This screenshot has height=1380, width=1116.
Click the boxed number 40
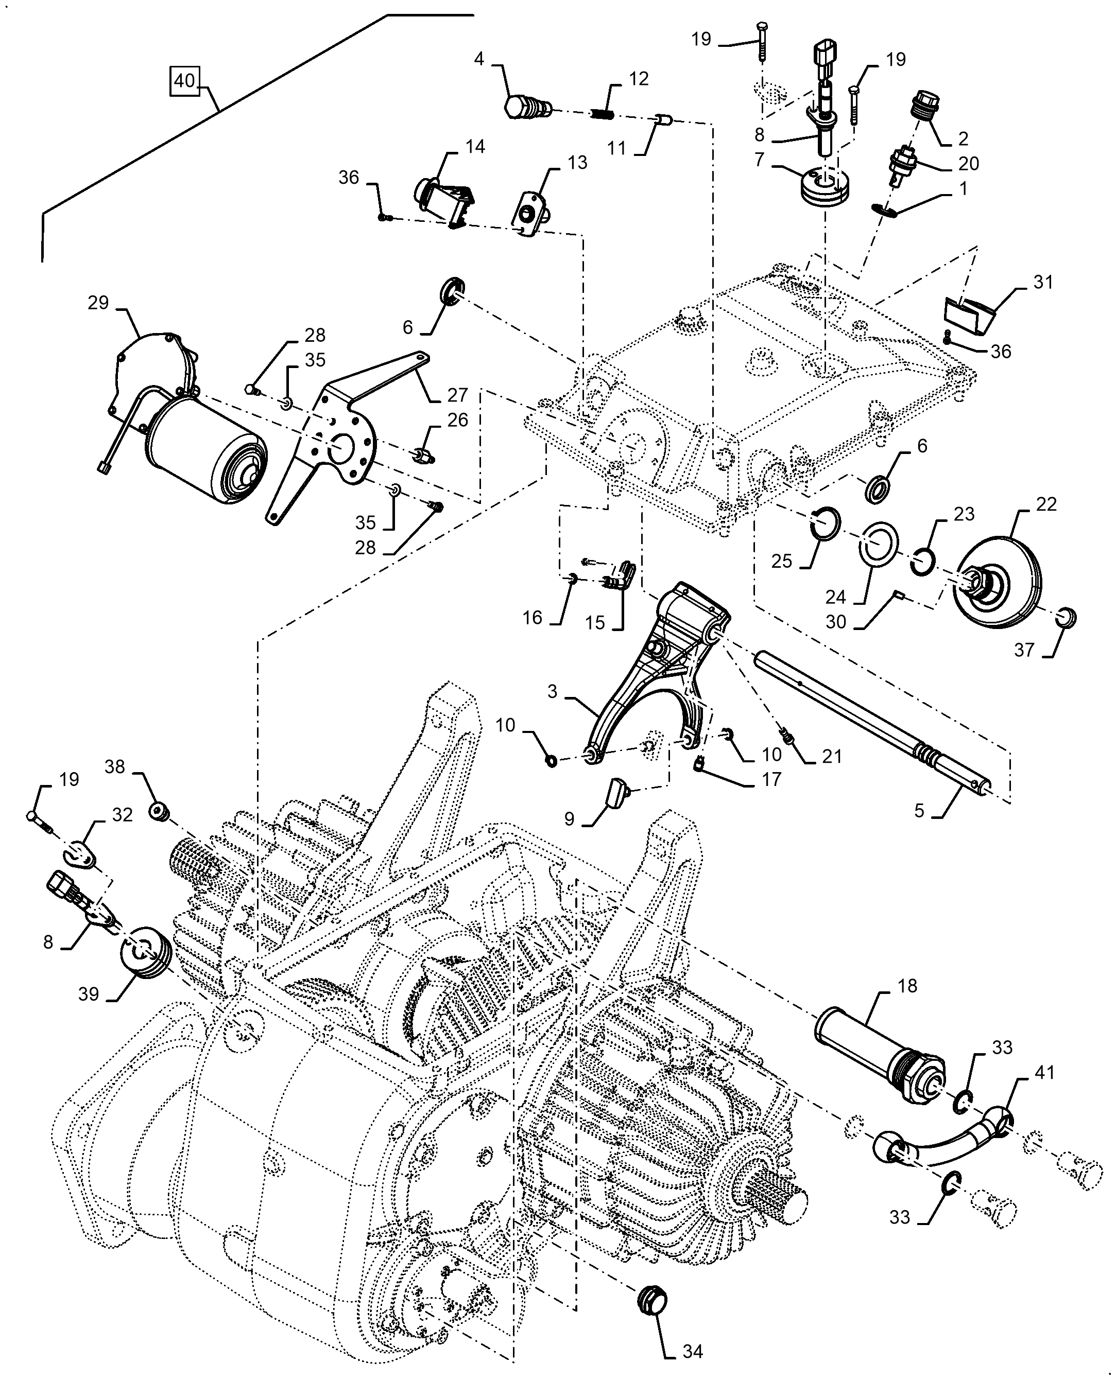184,81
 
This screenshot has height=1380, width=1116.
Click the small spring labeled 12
603,114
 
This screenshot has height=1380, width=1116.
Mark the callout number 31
1043,282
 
